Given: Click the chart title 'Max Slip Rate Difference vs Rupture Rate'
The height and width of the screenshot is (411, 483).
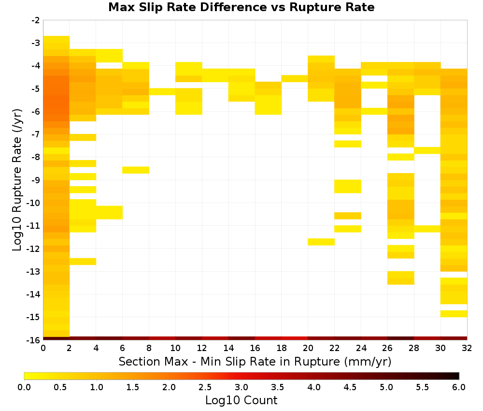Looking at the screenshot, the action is [x=241, y=7].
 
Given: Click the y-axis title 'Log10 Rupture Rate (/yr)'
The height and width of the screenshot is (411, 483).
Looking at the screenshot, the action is [x=17, y=180].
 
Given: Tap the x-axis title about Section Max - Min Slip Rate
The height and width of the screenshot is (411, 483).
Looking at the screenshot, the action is [x=255, y=361].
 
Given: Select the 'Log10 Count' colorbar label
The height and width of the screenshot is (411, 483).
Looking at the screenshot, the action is [x=241, y=400].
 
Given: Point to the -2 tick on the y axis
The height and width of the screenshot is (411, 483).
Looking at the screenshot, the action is [x=36, y=20].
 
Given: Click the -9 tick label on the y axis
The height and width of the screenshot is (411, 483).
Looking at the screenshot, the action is [x=36, y=180].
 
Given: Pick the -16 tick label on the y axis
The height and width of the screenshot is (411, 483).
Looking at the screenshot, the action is [x=34, y=340].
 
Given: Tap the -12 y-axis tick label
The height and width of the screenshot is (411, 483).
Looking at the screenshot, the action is [x=34, y=249].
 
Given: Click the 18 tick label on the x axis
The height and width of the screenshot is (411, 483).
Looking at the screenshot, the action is [x=282, y=348].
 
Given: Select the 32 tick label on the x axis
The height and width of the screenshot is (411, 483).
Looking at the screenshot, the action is [x=467, y=348].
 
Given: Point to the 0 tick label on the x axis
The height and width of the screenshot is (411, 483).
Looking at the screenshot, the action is [x=43, y=348].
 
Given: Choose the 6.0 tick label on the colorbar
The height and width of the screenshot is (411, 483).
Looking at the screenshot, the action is [x=459, y=387].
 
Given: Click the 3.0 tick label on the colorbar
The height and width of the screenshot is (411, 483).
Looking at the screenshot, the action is [x=241, y=387].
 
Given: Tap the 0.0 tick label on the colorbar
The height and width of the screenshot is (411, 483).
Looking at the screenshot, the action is [x=24, y=387].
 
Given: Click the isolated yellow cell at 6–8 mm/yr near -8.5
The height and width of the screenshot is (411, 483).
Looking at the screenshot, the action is [x=136, y=170].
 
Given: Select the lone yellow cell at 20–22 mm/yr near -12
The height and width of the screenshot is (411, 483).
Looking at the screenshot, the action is [x=321, y=242].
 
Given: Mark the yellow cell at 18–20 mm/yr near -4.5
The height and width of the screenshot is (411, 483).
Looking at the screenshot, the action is [x=295, y=79].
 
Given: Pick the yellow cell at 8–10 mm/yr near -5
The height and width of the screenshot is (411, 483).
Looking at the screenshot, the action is [x=162, y=91].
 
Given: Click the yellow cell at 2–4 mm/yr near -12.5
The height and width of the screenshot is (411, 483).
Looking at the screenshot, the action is [x=83, y=262].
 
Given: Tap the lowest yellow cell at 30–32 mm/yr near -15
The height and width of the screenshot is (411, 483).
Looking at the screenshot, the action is [x=454, y=313].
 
